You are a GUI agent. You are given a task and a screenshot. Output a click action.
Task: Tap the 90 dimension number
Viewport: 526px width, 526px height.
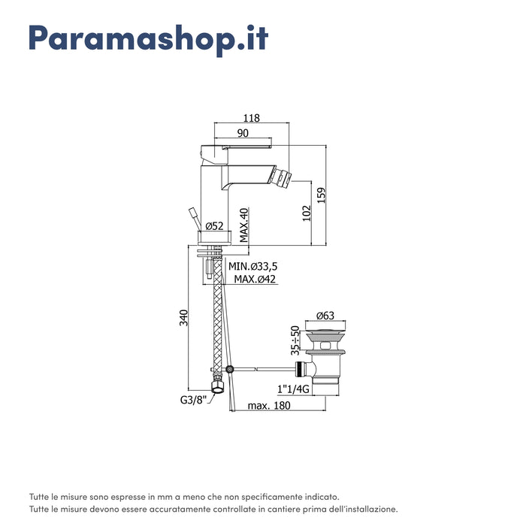(243, 132)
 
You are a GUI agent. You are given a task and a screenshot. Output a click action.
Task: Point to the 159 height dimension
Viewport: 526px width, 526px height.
(321, 195)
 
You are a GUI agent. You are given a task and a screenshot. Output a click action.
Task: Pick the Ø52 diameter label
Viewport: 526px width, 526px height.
(214, 225)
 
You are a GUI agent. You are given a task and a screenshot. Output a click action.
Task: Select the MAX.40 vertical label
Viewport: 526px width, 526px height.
(244, 225)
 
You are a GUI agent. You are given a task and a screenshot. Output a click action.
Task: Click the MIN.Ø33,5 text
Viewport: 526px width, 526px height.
(254, 266)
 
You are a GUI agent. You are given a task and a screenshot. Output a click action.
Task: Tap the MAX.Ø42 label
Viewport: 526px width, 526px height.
(255, 279)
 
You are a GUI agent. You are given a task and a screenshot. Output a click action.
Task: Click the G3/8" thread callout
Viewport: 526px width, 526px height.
(192, 400)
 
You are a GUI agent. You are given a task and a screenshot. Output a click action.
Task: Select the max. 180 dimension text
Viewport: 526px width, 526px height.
(269, 406)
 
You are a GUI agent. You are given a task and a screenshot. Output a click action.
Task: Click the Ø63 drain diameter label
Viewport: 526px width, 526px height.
(325, 315)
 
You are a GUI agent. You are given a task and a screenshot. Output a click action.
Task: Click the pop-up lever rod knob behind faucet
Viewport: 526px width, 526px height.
(192, 212)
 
